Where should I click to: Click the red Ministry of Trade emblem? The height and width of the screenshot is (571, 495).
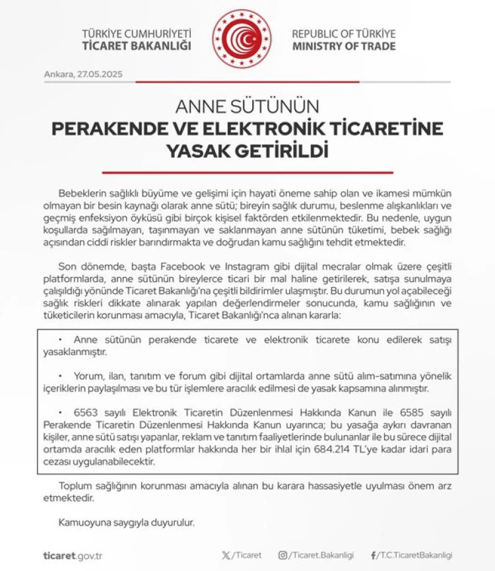[242, 39]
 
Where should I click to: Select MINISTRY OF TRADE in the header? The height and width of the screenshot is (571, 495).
[344, 46]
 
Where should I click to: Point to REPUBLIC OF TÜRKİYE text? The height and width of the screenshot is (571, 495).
[344, 33]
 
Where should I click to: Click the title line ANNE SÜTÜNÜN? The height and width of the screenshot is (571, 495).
[247, 106]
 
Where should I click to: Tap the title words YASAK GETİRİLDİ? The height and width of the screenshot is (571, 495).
[247, 151]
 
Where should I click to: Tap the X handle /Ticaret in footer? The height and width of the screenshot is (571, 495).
[242, 555]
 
